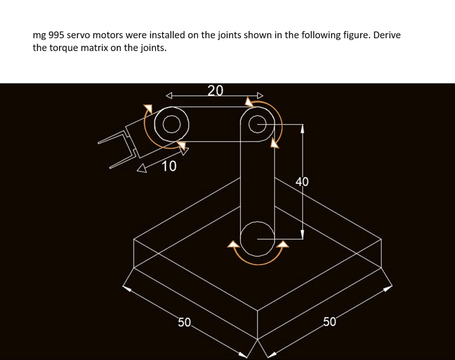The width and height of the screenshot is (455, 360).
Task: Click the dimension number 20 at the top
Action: (216, 91)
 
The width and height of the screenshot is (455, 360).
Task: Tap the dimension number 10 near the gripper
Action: (169, 167)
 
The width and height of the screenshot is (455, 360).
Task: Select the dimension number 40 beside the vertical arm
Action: (302, 181)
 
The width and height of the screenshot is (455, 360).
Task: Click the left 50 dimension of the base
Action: (184, 322)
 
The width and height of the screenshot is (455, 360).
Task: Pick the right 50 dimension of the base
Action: (329, 322)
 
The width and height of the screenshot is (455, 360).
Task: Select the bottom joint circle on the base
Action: (257, 239)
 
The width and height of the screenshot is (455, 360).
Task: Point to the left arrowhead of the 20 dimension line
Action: (169, 95)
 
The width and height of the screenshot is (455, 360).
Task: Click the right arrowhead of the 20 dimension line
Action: (260, 95)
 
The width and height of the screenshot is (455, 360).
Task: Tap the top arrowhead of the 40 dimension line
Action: (302, 129)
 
